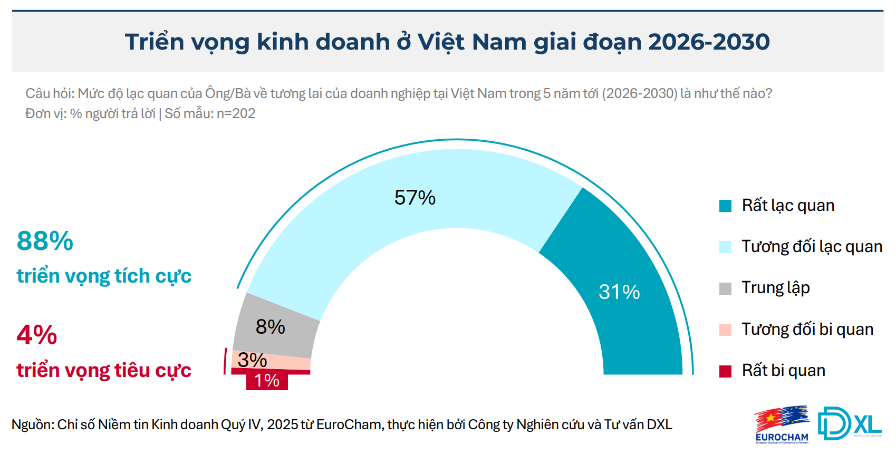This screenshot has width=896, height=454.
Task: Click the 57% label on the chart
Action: click(415, 198)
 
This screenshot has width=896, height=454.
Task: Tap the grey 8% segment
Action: click(274, 327)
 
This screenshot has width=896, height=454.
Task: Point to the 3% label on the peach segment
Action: click(252, 360)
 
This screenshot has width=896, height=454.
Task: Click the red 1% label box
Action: click(267, 381)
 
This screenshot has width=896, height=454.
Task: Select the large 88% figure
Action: click(45, 241)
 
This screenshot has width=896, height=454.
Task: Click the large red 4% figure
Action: click(37, 335)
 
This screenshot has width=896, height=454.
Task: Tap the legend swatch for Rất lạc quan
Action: click(725, 206)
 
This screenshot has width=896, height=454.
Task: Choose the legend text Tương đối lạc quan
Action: click(812, 246)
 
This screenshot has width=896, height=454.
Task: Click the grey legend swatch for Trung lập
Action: click(725, 288)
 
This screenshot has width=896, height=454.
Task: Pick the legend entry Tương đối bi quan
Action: click(807, 329)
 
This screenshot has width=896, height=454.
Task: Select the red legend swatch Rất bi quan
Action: click(725, 371)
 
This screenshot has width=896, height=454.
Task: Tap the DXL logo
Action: click(849, 423)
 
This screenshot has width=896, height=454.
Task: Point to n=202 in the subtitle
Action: click(236, 113)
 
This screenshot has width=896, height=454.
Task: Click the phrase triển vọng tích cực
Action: click(104, 276)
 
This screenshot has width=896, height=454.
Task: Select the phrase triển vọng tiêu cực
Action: click(104, 370)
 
